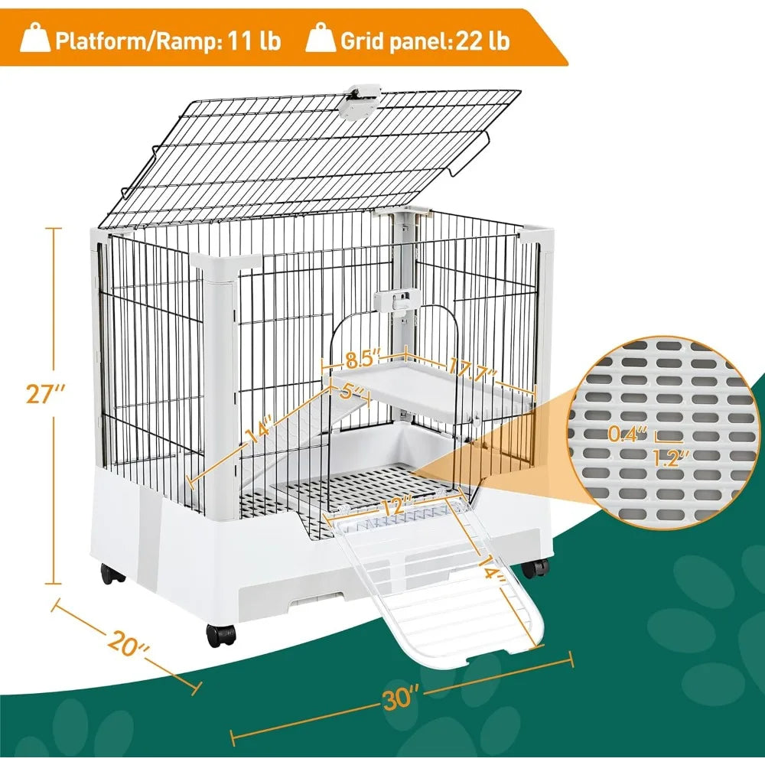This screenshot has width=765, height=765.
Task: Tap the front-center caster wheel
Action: coord(220,634)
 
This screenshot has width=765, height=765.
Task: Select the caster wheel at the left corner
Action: coord(113,575)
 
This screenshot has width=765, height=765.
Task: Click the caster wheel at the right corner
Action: coord(536,568)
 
